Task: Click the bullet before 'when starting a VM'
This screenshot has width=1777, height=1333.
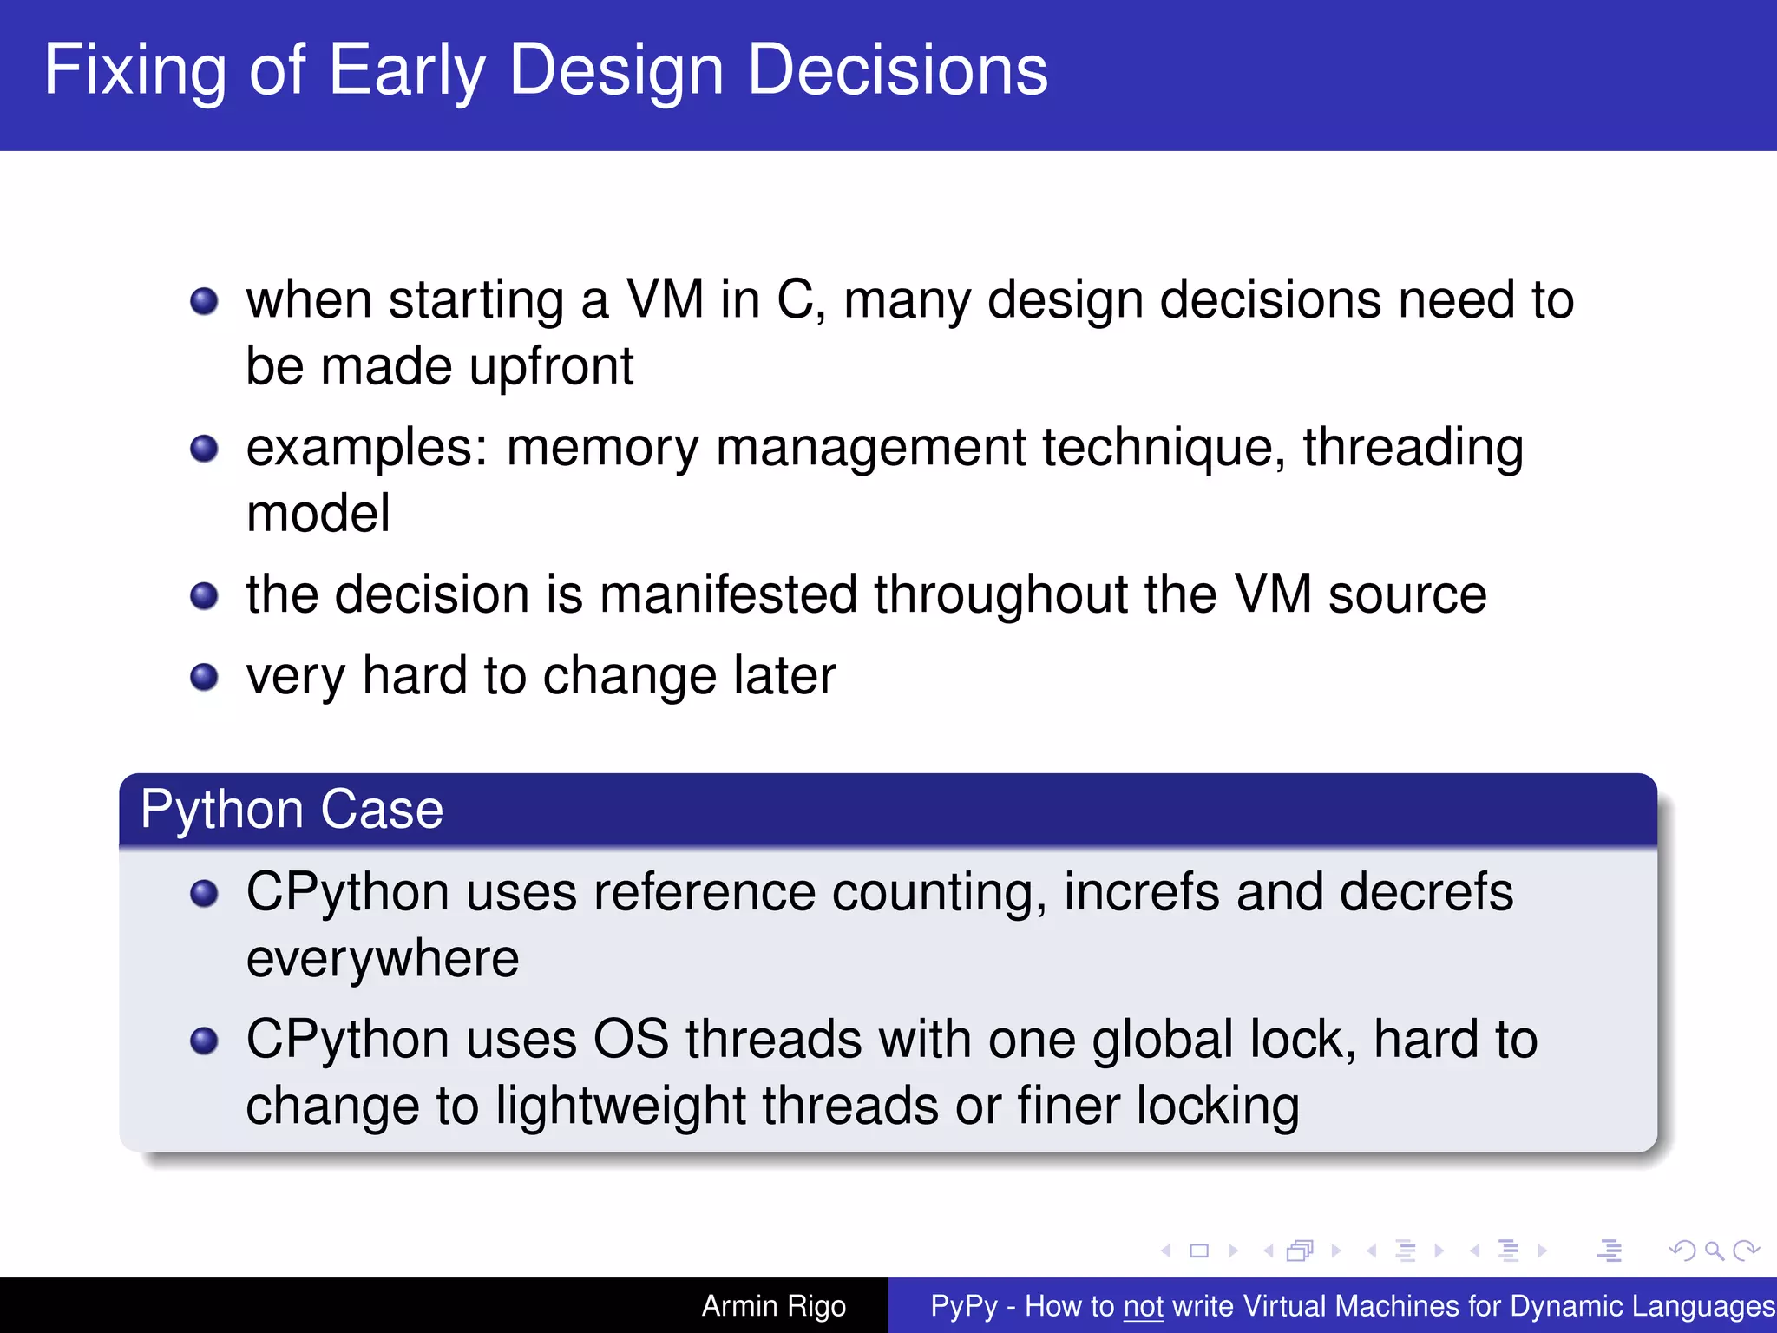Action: pyautogui.click(x=204, y=302)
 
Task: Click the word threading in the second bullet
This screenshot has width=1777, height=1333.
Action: pyautogui.click(x=1413, y=449)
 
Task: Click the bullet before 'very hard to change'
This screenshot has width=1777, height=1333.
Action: pyautogui.click(x=204, y=677)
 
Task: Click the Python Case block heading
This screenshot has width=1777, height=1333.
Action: pyautogui.click(x=292, y=810)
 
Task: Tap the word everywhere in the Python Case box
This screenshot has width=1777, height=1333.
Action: pyautogui.click(x=383, y=959)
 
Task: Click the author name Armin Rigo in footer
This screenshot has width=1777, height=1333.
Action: pyautogui.click(x=773, y=1306)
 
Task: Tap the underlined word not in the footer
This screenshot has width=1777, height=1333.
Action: pyautogui.click(x=1143, y=1306)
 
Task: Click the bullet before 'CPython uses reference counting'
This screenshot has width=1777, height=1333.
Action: pyautogui.click(x=204, y=893)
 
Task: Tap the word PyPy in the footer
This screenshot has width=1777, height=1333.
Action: pyautogui.click(x=963, y=1306)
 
